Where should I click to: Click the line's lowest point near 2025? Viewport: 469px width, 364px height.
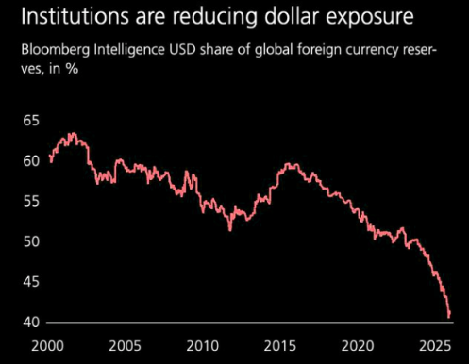[x=449, y=316]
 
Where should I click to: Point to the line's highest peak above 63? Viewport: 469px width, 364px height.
[x=71, y=134]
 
